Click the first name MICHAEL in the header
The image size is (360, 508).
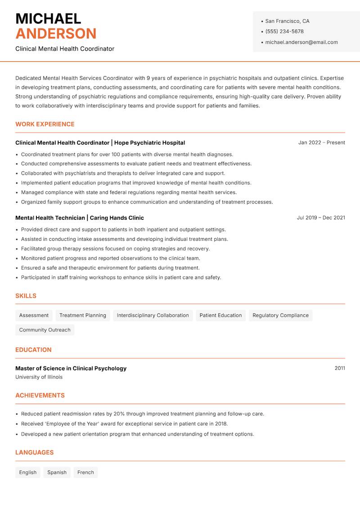tap(48, 19)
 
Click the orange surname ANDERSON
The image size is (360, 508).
tap(56, 34)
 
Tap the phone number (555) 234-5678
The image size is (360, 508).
tap(284, 31)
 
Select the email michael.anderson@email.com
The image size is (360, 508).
tap(301, 42)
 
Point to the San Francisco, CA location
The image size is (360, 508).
tap(287, 21)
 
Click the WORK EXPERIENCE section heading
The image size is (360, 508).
tap(45, 124)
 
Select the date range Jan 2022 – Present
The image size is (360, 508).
tap(321, 143)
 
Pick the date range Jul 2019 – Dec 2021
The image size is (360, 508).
tap(321, 218)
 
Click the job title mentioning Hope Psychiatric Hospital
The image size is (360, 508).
tap(100, 143)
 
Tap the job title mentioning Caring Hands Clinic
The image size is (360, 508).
tap(80, 218)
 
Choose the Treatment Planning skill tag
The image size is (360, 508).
tap(83, 316)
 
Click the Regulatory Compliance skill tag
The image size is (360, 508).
tap(280, 316)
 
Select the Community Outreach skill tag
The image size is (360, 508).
tap(45, 330)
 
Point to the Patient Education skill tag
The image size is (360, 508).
tap(220, 316)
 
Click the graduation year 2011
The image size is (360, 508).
tap(340, 368)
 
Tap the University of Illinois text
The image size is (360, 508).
tap(39, 377)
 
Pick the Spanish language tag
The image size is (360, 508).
tap(57, 472)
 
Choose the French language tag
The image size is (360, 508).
tap(85, 472)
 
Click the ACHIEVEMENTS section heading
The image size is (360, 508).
tap(40, 396)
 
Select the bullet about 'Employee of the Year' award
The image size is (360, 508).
tap(124, 424)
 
